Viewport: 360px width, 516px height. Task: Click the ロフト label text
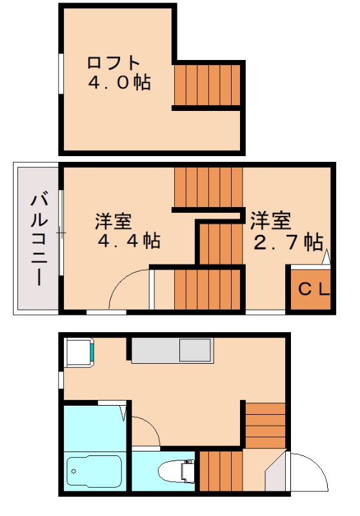(114, 63)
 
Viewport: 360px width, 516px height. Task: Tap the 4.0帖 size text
(119, 83)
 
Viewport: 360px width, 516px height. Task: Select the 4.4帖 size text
(128, 241)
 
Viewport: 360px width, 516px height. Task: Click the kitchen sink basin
(194, 351)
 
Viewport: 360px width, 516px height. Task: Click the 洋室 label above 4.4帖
(114, 221)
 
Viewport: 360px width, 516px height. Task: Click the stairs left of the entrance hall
(220, 472)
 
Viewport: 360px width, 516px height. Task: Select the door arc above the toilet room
(145, 428)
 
